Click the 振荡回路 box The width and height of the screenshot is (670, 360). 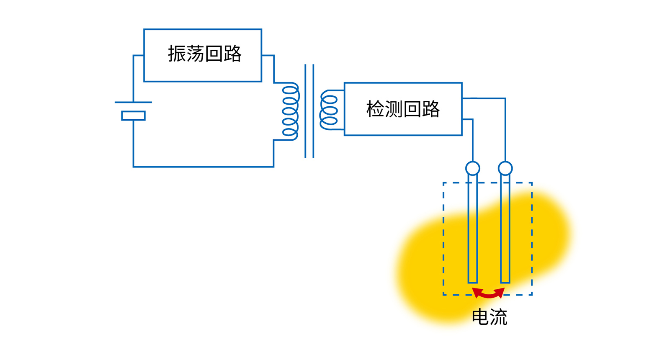(203, 55)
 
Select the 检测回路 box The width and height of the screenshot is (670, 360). (403, 109)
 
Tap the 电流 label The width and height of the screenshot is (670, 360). (489, 317)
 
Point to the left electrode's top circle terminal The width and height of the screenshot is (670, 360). (473, 168)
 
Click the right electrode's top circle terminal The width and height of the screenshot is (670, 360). (505, 168)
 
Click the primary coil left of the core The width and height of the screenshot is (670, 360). (290, 111)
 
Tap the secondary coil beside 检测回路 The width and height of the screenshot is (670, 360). (329, 110)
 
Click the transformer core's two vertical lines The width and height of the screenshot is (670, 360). (309, 111)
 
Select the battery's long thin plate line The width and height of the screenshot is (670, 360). (133, 102)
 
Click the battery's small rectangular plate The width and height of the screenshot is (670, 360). (133, 116)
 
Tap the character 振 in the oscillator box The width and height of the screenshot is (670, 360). (177, 54)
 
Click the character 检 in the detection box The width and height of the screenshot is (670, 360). (375, 109)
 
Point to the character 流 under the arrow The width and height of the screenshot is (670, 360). (498, 317)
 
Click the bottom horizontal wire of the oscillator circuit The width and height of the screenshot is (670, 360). (204, 167)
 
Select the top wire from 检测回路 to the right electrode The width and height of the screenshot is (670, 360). (486, 98)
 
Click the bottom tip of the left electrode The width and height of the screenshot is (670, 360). (473, 282)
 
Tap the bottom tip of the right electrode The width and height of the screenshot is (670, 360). (505, 282)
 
